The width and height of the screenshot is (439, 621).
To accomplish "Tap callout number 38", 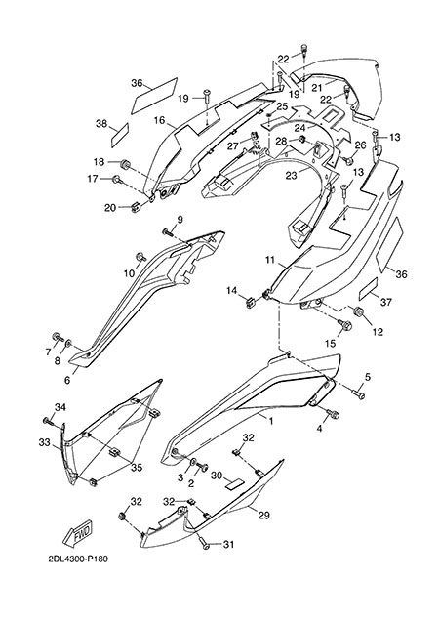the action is point(101,124).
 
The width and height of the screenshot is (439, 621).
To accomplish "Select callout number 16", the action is point(160,120).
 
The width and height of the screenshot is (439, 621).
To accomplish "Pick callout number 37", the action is point(385,302).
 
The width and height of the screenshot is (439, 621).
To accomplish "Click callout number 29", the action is point(264,515).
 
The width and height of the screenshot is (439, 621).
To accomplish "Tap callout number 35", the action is point(137,468).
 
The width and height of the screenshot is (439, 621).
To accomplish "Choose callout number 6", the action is point(67,380).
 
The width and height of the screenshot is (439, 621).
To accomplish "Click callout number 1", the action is point(271,421).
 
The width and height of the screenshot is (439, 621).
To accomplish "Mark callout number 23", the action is point(292,175).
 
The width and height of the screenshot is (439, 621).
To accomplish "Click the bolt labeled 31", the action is point(205,543).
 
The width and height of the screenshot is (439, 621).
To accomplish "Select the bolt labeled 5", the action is point(359,394).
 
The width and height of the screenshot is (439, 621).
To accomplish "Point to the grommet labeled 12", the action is point(359,310).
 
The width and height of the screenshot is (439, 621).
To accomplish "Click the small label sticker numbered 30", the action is point(234,483).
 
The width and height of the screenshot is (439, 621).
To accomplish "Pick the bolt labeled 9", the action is point(168,232).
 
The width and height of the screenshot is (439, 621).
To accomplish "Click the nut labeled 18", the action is point(126,164).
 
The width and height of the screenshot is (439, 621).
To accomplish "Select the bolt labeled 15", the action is point(341,325).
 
